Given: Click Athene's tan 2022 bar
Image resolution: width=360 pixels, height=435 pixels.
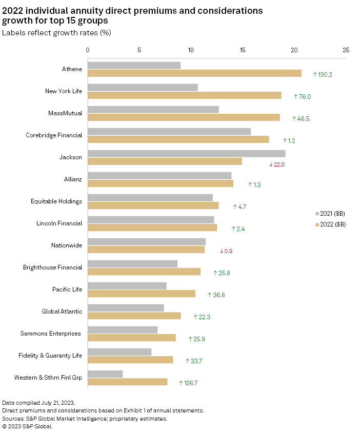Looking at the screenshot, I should click(x=194, y=73).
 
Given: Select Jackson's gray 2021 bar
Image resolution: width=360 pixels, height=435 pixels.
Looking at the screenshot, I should click(x=186, y=154).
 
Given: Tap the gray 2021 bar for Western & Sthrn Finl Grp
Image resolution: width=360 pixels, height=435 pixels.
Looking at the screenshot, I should click(x=105, y=374).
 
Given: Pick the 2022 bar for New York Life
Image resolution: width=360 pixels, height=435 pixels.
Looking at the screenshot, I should click(x=185, y=95).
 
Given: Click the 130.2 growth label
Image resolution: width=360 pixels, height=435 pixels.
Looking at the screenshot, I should click(x=323, y=75).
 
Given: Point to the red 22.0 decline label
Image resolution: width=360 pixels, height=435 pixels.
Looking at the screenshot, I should click(x=276, y=164).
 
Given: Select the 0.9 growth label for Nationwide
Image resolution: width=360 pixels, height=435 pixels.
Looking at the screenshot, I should click(x=226, y=251).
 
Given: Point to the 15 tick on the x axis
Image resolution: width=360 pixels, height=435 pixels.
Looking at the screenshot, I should click(x=243, y=50).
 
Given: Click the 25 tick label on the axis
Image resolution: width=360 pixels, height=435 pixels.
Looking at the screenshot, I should click(x=346, y=50).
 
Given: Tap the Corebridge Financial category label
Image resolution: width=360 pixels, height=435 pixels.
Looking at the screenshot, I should click(x=54, y=135).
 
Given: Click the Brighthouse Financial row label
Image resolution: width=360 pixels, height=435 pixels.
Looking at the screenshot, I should click(x=52, y=267).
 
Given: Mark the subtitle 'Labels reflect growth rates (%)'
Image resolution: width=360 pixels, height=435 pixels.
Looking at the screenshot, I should click(x=57, y=33).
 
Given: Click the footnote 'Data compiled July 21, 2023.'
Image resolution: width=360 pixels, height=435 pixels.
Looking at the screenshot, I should click(x=38, y=403).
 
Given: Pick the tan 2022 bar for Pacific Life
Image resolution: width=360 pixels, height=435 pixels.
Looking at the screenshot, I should click(x=141, y=294).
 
